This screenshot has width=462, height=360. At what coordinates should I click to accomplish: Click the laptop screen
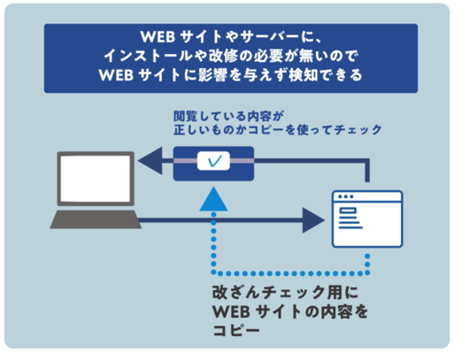tap(96, 179)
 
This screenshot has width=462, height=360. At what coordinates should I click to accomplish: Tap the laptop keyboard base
tap(96, 219)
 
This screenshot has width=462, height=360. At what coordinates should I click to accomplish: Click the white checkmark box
tap(213, 161)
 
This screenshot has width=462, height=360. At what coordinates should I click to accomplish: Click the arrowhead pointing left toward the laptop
tap(150, 161)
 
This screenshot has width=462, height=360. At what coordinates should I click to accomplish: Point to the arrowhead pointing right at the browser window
tap(313, 220)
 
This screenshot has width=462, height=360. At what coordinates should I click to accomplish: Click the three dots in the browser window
tap(345, 196)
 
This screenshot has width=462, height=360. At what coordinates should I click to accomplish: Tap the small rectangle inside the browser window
tap(348, 211)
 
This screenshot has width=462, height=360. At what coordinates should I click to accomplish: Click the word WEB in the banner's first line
tap(158, 37)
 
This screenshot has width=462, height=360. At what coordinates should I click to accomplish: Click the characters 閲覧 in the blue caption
tap(185, 117)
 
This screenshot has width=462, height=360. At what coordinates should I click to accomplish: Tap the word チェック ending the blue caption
tap(358, 130)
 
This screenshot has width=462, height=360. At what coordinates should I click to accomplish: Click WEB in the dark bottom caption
tap(231, 311)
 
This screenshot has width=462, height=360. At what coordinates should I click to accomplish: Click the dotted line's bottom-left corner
tap(214, 273)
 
